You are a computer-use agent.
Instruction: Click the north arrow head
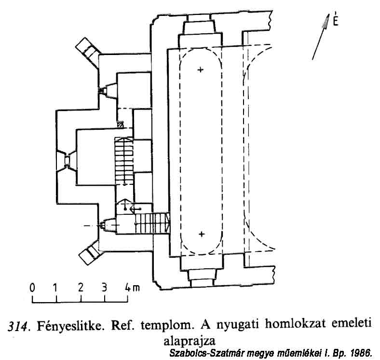coord(326,21)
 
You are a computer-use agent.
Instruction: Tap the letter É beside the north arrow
coord(336,19)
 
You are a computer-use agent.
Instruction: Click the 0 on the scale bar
coord(32,288)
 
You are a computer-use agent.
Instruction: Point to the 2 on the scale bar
coord(81,288)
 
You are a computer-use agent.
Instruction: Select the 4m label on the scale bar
coord(132,288)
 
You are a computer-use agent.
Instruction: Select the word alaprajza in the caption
coord(190,341)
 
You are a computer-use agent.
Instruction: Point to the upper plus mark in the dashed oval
coord(201,70)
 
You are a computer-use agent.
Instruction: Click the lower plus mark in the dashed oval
coord(202,234)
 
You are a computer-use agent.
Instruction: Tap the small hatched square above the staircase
coord(120,124)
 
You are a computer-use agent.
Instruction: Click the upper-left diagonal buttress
coord(88,52)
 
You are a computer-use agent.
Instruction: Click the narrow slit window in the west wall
coord(67,160)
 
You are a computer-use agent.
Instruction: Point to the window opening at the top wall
coord(199,24)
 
